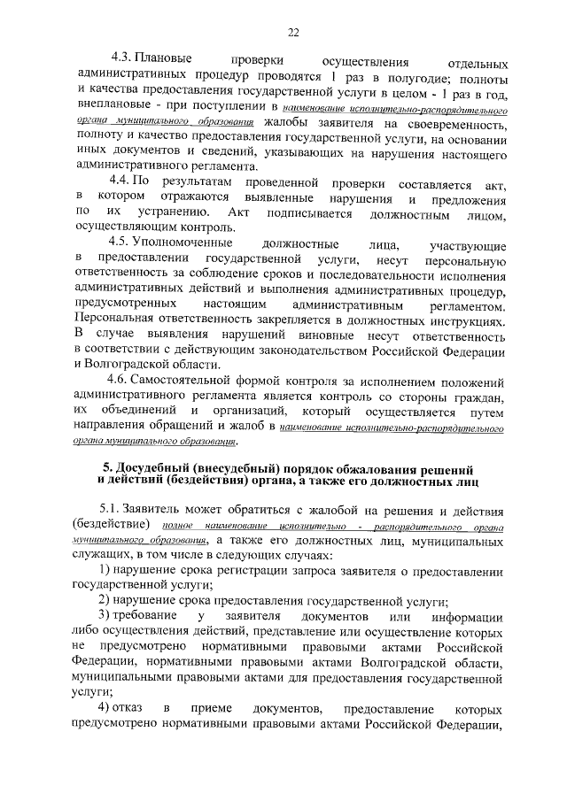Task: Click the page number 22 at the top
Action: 293,33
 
